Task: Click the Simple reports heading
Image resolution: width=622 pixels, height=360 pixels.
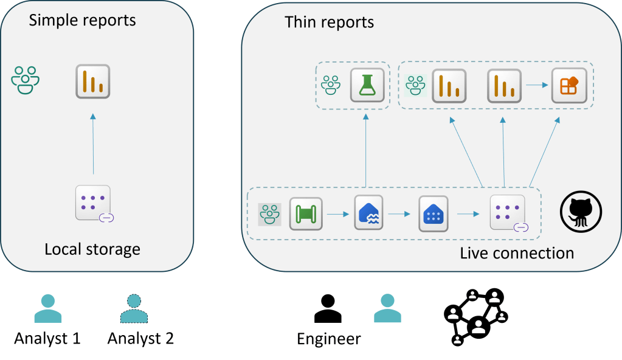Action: (x=83, y=20)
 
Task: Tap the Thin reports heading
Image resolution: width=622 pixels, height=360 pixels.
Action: (x=329, y=22)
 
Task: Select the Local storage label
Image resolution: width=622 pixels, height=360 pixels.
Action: (x=92, y=249)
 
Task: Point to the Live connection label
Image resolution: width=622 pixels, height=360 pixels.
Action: (x=517, y=253)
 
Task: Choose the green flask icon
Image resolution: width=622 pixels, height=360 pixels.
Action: (x=368, y=85)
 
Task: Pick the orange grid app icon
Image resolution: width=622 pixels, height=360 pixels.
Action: (x=568, y=85)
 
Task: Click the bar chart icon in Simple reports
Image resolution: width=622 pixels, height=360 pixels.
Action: (x=92, y=81)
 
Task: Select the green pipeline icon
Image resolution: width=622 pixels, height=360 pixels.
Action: (x=305, y=213)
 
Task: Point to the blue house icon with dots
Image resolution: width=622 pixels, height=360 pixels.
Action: (x=434, y=213)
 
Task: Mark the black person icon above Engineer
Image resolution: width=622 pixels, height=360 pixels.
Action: (x=328, y=308)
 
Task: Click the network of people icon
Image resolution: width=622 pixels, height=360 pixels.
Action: (x=476, y=316)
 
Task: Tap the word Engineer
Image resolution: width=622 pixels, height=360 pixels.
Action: (x=329, y=339)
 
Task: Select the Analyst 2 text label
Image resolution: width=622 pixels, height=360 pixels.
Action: (x=140, y=338)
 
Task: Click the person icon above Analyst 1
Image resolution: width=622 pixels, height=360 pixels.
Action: (x=48, y=308)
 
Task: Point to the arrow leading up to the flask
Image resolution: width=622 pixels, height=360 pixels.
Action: (x=365, y=149)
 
